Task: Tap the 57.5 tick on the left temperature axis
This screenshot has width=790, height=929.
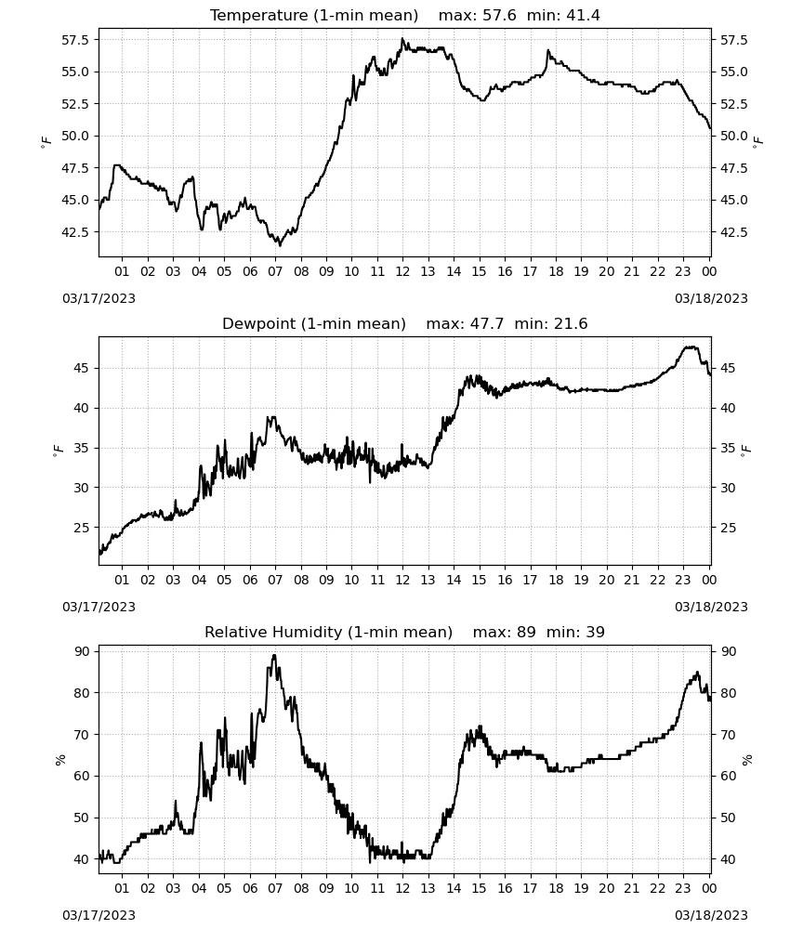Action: pos(76,40)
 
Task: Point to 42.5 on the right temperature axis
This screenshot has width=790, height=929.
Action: pos(733,232)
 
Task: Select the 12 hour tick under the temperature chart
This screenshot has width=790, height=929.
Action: pos(402,271)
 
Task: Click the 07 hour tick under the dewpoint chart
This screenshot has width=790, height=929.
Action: pos(275,580)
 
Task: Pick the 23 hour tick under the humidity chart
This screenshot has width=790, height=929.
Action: pos(683,888)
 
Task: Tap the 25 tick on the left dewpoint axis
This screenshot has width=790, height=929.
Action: pos(82,528)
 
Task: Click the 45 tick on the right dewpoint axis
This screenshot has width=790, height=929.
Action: pos(728,368)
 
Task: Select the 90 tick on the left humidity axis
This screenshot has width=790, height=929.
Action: pos(82,651)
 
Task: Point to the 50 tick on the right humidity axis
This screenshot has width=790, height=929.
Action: pos(728,818)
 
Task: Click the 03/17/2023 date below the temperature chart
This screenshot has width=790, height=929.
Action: pos(99,298)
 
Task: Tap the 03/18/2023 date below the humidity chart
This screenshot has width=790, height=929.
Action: pos(711,915)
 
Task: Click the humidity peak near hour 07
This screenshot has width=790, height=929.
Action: pos(274,655)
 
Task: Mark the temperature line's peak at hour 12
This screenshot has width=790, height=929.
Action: pos(402,38)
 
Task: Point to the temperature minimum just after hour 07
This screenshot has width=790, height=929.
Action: pos(281,245)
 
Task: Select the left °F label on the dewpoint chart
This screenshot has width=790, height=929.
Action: pos(58,452)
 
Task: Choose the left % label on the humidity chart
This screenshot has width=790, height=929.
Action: pos(59,760)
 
